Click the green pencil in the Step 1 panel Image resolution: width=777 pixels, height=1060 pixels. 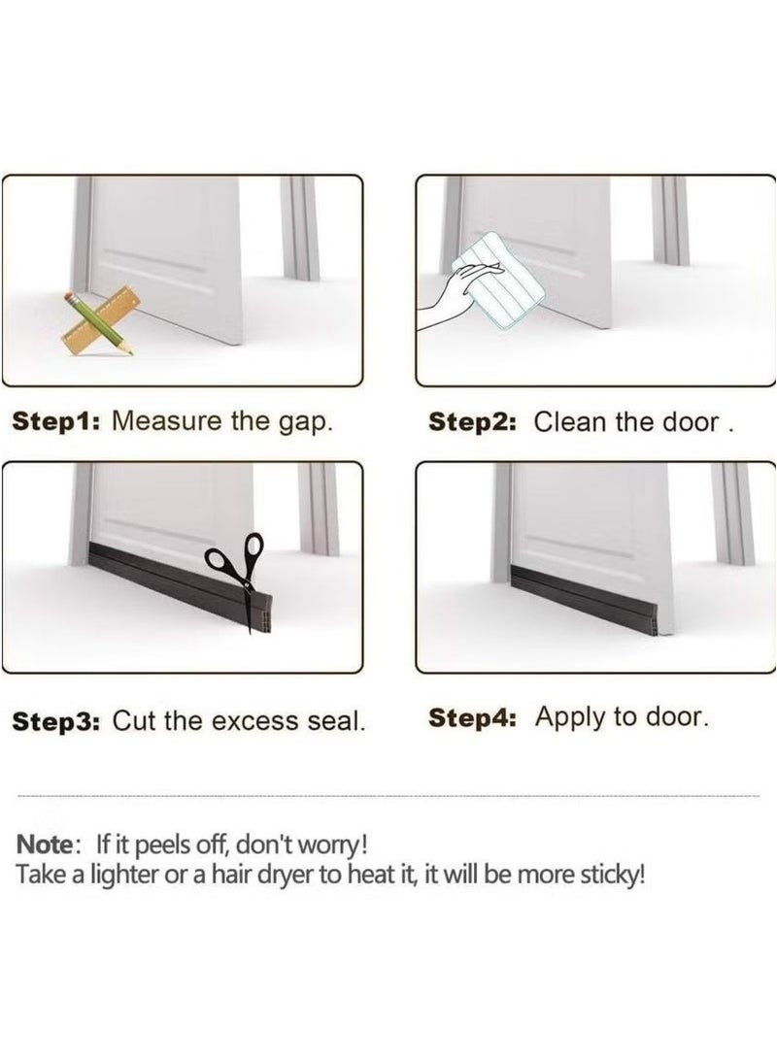click(x=99, y=324)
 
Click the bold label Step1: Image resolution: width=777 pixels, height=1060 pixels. click(x=56, y=421)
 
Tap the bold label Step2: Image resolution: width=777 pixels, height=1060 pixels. click(x=472, y=422)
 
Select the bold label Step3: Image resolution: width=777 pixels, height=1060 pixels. click(x=56, y=721)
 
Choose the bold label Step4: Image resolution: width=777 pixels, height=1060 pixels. click(x=472, y=717)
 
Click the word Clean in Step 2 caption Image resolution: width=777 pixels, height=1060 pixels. click(x=569, y=422)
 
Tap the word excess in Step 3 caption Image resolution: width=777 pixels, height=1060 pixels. click(x=254, y=722)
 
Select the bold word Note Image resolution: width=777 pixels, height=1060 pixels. click(x=44, y=845)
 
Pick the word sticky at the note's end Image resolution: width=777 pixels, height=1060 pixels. click(x=614, y=877)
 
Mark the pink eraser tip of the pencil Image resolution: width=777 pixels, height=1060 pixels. click(x=69, y=297)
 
